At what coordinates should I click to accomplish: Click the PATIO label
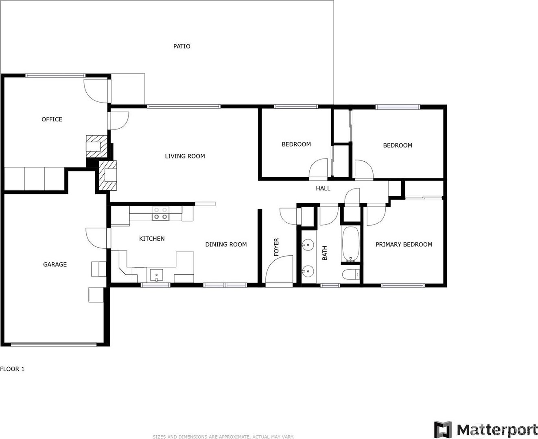182,46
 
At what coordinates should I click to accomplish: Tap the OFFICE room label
52,119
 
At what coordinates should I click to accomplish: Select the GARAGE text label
55,264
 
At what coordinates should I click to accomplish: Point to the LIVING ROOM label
185,156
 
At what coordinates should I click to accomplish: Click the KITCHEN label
152,239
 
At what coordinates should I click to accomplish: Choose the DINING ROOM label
226,244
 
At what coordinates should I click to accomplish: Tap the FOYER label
276,247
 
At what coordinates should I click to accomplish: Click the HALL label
323,189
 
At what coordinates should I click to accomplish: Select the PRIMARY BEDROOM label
404,244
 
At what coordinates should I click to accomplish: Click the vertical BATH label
324,253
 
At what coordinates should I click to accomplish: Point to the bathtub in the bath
350,244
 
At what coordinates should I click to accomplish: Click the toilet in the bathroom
351,275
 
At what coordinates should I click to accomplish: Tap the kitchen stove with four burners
161,213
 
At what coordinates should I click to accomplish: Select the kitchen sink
156,275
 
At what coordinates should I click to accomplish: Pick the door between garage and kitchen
96,238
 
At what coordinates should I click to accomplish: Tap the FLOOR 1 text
12,369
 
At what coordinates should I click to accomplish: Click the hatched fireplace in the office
96,146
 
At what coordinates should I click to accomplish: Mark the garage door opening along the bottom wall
54,344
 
